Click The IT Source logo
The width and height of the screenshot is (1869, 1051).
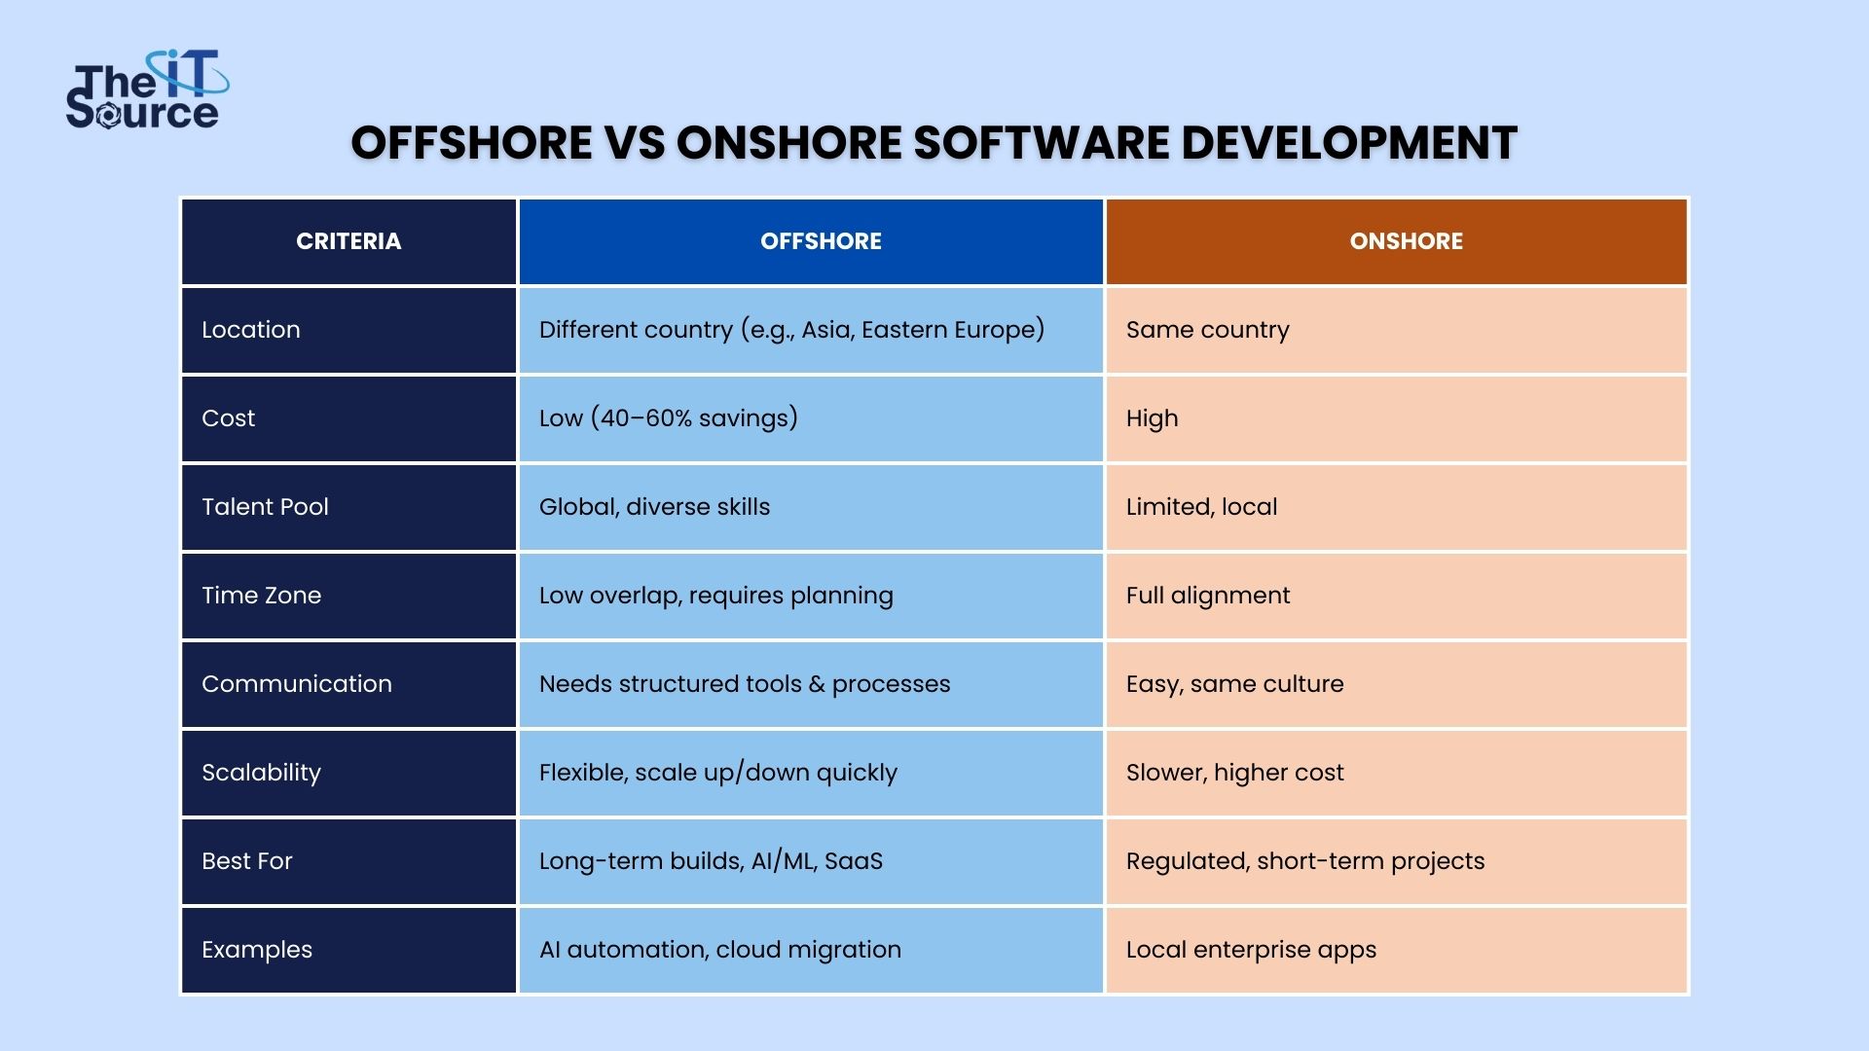click(x=147, y=90)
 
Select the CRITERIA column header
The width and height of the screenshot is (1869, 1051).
click(x=348, y=241)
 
